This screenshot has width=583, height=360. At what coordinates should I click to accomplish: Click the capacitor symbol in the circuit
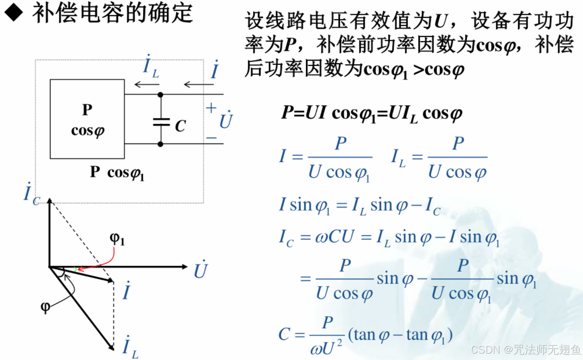161,122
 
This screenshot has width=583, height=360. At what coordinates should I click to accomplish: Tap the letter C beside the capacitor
180,126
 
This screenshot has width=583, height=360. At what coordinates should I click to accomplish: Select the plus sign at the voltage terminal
211,108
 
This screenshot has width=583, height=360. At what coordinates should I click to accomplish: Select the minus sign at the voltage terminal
211,138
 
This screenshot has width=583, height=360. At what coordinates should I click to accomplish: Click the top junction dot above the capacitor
160,95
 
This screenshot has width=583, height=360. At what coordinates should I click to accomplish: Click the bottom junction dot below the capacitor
160,144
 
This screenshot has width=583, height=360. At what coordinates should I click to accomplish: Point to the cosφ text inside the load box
88,130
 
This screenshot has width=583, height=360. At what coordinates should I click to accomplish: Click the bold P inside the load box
87,110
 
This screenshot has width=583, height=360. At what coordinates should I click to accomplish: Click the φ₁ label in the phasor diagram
117,239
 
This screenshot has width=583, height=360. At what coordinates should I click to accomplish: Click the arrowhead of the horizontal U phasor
184,267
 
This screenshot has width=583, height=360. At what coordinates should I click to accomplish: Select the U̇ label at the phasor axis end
201,270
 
